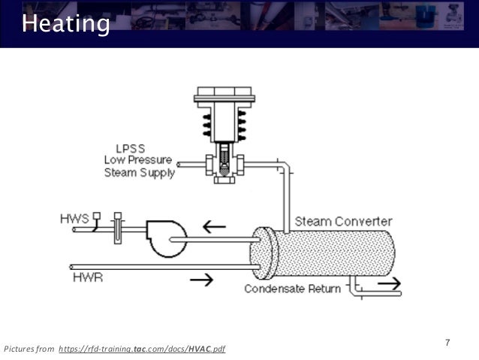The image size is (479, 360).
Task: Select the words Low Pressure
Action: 138,160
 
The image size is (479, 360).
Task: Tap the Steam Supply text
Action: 139,173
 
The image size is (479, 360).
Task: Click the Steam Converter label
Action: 343,221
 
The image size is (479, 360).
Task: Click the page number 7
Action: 447,343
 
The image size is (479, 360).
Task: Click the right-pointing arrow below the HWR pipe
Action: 200,280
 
